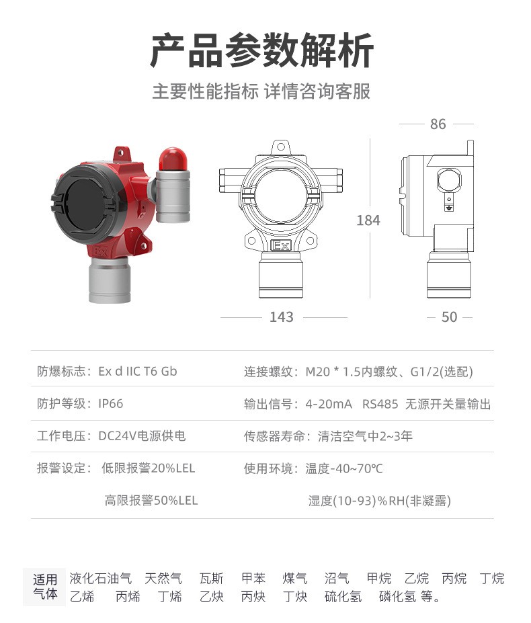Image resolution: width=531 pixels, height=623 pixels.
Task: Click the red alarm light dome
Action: (173, 159)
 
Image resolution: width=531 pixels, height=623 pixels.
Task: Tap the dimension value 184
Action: (368, 220)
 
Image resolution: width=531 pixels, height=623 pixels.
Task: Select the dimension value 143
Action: (282, 317)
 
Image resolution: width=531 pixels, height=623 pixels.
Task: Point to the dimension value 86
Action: (438, 124)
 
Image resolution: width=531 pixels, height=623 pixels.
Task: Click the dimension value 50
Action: (450, 317)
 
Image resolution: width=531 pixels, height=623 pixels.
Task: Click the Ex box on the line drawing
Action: (281, 245)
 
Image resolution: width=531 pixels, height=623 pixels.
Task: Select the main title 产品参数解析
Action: (262, 51)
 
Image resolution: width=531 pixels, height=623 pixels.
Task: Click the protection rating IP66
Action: (111, 404)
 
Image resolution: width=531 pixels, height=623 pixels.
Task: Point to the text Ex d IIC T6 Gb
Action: (138, 371)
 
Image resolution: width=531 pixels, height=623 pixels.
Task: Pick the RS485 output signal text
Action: (380, 404)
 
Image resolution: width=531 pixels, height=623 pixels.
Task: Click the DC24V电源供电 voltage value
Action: (142, 436)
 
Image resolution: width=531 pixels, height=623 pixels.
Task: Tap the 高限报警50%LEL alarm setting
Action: (151, 500)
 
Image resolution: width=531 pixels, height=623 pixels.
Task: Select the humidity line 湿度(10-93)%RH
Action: (380, 501)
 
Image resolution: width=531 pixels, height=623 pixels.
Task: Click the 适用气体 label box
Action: (44, 587)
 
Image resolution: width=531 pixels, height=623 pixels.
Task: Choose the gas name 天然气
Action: (163, 578)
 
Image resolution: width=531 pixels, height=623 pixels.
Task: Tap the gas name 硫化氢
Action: (343, 596)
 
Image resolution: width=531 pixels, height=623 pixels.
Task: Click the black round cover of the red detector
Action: (85, 204)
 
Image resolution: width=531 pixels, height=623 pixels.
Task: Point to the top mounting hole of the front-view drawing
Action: (281, 147)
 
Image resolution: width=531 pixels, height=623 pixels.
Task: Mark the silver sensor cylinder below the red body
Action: (110, 280)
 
